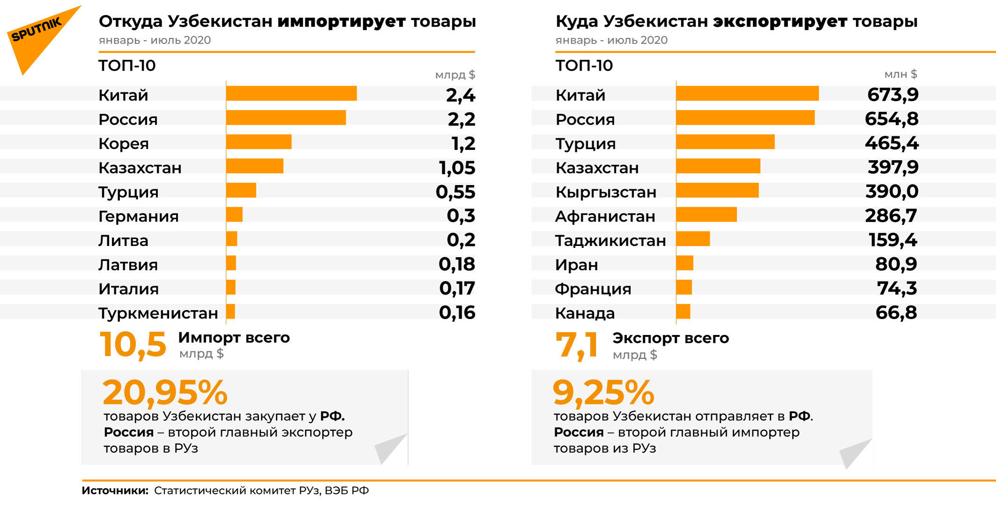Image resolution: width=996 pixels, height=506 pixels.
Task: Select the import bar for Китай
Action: (x=291, y=93)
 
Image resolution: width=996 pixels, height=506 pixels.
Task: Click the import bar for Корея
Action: (x=259, y=142)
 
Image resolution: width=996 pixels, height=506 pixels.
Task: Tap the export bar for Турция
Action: (x=725, y=142)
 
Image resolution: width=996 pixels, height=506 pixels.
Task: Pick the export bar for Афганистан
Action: (x=707, y=215)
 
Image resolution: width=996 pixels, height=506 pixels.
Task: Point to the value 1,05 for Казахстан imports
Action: (x=457, y=168)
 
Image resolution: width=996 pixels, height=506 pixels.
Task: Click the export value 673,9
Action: (x=893, y=95)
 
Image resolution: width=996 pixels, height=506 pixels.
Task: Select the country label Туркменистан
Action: (x=158, y=313)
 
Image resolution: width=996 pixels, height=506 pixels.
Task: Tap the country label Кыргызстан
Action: (x=606, y=192)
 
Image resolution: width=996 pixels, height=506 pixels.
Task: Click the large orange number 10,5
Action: (x=133, y=345)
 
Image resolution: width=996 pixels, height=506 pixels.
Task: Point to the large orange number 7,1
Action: (x=577, y=345)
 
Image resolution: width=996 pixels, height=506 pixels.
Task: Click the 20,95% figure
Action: (x=165, y=393)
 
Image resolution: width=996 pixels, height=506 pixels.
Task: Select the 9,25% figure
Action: (x=603, y=393)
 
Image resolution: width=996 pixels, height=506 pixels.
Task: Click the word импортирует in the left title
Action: (x=341, y=22)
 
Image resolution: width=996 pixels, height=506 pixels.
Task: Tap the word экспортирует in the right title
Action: (x=780, y=22)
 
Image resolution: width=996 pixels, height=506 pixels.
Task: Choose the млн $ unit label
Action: (x=900, y=74)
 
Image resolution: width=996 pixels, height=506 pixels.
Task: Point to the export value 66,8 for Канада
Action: (x=896, y=313)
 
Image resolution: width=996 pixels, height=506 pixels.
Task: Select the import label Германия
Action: (x=139, y=216)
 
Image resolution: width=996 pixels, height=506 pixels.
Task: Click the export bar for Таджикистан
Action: (x=693, y=239)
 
